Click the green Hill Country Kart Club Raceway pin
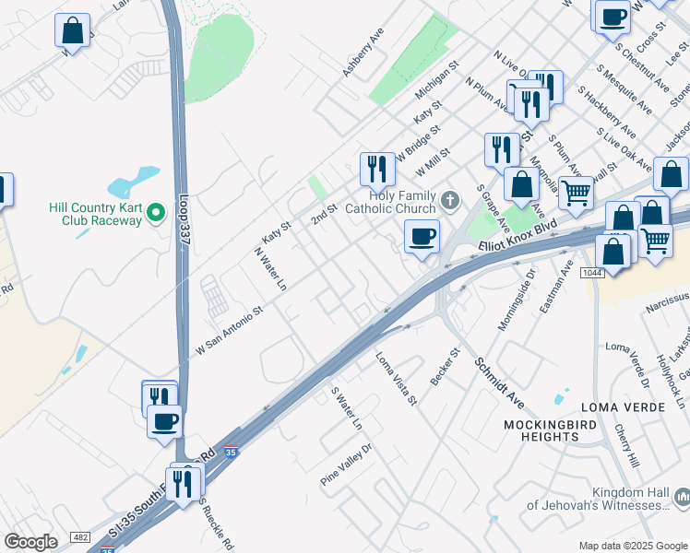point(156,213)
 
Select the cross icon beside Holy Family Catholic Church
point(449,200)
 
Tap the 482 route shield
point(80,536)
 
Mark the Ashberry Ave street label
point(363,52)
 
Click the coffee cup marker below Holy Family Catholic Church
point(422,237)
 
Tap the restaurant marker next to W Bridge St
point(376,169)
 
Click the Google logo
point(30,542)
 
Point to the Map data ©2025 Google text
point(631,546)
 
